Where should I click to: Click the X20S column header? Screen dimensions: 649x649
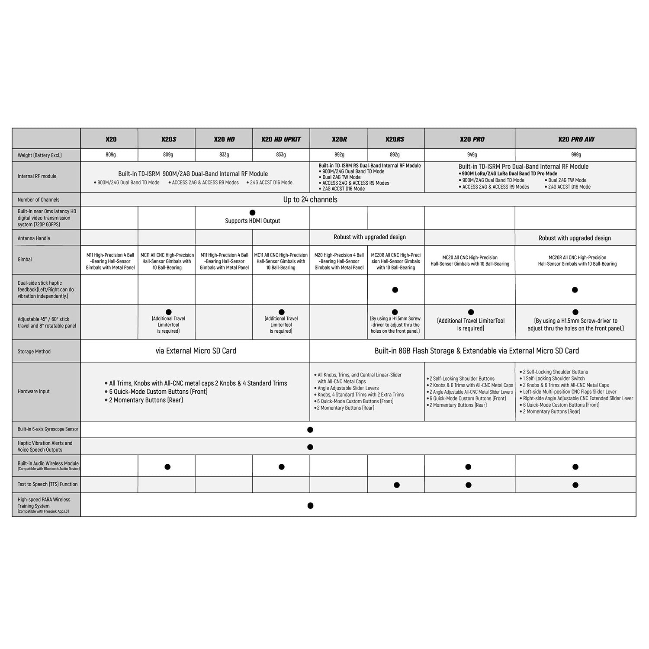168,139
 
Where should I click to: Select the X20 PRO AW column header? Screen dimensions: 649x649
576,139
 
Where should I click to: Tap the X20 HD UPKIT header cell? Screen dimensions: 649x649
281,139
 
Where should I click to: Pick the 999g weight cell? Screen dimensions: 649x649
576,155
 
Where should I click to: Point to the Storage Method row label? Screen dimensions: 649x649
34,351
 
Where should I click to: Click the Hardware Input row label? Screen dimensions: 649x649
34,392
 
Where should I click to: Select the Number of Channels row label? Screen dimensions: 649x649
39,200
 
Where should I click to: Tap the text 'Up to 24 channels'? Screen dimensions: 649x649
310,199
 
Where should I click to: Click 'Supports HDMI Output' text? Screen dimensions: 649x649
253,221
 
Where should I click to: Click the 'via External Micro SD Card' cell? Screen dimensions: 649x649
196,351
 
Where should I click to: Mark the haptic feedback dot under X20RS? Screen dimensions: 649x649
395,290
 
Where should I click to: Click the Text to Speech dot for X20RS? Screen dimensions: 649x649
397,485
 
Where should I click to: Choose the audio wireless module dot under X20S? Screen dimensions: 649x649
167,467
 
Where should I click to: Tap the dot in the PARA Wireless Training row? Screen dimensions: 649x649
310,505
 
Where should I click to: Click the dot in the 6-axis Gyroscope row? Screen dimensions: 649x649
310,430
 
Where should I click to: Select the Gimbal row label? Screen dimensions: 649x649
25,260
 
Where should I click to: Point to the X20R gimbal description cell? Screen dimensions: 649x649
339,261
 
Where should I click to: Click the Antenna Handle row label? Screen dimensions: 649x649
34,238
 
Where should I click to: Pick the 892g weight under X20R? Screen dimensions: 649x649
339,155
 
